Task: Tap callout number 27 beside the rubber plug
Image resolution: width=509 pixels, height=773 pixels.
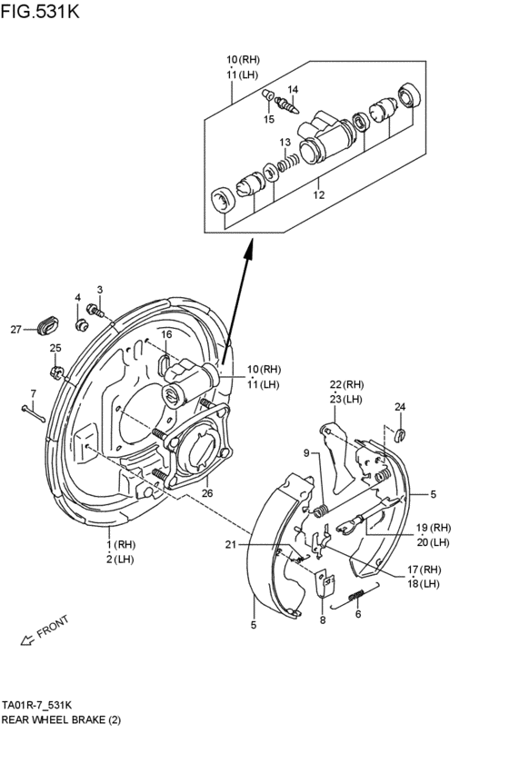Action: [15, 330]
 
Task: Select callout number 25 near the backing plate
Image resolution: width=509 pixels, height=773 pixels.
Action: [55, 348]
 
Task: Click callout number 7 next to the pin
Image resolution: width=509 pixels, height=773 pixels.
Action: [32, 393]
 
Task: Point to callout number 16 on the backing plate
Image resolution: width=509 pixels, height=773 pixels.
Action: [166, 335]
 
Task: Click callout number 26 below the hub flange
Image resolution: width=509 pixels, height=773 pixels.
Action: [206, 494]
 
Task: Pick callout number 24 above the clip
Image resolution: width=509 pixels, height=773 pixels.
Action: [400, 406]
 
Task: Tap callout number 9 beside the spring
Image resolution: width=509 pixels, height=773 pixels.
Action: [307, 453]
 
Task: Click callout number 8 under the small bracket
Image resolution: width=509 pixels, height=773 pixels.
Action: [322, 621]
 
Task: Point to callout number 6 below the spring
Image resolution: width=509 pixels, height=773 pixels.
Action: [358, 614]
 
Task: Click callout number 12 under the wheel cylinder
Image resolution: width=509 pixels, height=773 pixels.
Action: [318, 193]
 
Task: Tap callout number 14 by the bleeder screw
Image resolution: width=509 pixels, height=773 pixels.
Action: [293, 89]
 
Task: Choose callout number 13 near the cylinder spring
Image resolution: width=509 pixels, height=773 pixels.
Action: [284, 143]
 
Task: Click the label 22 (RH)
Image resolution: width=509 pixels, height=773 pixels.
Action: [346, 383]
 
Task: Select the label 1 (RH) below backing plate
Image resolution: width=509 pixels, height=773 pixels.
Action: [119, 544]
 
